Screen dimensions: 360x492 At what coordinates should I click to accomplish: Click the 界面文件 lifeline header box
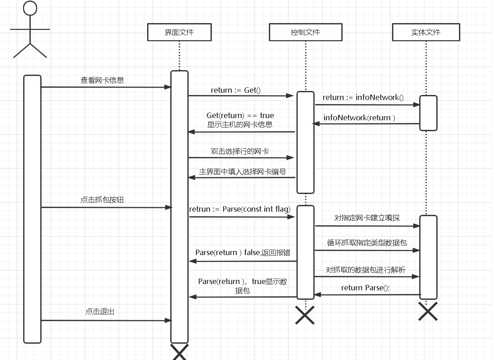pos(179,33)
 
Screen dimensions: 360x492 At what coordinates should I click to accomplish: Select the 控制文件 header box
pos(306,33)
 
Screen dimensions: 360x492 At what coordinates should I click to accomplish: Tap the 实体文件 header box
pos(426,33)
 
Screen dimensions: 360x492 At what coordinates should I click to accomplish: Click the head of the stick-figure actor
pos(30,8)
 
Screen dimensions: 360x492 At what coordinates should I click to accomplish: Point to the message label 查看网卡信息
pos(102,81)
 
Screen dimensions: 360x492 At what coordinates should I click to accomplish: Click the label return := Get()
pos(236,90)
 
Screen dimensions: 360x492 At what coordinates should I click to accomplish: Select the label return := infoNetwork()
pos(363,97)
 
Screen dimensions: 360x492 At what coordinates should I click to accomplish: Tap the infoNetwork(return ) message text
pos(359,118)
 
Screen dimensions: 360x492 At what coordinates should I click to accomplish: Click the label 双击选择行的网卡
pos(240,151)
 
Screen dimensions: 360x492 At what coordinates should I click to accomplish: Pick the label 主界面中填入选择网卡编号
pos(243,172)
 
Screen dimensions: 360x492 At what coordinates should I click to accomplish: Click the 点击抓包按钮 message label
pos(102,199)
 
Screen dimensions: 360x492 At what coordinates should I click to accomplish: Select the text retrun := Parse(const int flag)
pos(240,209)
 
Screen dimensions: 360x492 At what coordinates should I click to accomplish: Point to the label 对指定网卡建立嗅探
pos(367,218)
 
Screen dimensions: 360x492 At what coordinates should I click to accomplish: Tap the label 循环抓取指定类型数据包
pos(367,242)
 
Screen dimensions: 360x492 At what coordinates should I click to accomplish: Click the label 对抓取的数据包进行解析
pos(366,270)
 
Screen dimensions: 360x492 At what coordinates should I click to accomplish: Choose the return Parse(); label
pos(365,288)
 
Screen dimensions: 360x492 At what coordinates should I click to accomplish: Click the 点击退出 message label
pos(100,312)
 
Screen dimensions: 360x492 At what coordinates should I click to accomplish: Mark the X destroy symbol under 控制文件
pos(305,315)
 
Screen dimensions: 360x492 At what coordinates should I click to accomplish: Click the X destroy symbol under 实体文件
pos(428,311)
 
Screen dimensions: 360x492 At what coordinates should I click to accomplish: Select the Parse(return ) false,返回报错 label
pos(243,252)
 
